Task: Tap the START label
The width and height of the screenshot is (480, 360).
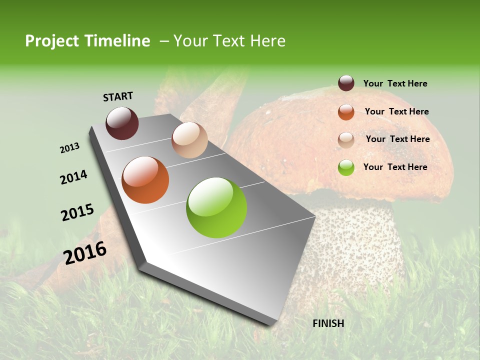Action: tap(118, 96)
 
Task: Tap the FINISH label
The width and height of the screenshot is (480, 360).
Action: tap(328, 323)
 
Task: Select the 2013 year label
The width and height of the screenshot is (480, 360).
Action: tap(69, 148)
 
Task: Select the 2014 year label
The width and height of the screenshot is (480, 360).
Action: tap(73, 177)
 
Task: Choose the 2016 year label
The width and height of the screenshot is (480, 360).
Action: tap(85, 253)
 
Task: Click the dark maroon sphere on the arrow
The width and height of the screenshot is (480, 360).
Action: tap(122, 123)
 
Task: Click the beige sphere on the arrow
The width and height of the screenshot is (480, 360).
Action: tap(189, 140)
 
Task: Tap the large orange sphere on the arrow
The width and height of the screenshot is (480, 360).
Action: tap(145, 180)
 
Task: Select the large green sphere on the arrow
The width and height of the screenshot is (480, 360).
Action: tap(216, 207)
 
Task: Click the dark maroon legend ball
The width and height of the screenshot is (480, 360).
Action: tap(346, 83)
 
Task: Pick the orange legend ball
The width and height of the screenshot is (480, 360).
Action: tap(346, 111)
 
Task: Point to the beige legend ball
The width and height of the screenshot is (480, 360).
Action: tap(346, 139)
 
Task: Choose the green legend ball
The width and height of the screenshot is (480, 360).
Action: tap(346, 167)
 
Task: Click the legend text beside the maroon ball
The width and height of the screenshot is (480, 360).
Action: tap(395, 83)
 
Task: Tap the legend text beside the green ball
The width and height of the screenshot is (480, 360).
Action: tap(395, 167)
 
